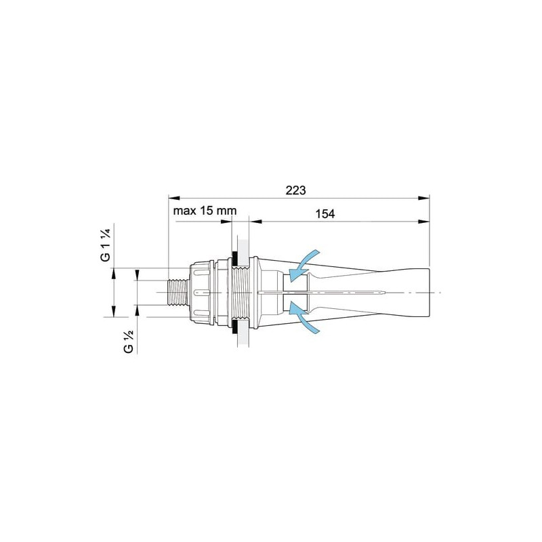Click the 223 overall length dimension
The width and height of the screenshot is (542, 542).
[295, 190]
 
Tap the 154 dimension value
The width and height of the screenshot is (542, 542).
[325, 214]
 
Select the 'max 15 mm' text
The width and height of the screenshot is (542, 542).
[205, 211]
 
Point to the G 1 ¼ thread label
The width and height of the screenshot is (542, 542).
[106, 245]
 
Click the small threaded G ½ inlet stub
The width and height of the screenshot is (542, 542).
[178, 293]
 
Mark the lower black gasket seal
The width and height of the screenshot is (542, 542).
[234, 327]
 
